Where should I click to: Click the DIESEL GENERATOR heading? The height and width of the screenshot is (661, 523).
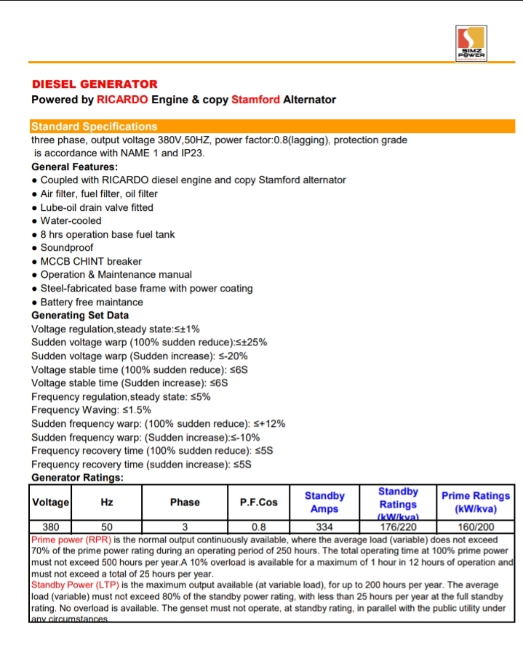95,84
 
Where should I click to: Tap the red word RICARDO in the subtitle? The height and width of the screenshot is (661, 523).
122,100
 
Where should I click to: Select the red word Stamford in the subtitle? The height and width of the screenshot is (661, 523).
255,100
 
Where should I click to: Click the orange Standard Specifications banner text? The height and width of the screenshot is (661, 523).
95,127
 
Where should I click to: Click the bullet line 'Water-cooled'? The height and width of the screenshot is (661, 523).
71,221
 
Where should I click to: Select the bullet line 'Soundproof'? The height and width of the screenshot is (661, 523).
67,248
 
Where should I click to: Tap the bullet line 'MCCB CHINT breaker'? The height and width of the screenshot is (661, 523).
91,262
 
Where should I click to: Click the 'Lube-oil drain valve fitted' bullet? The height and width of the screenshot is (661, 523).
97,207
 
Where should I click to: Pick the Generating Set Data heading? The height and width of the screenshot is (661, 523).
80,316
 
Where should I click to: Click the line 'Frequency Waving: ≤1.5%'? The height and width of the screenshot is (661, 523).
91,410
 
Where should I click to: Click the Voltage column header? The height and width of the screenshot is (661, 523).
51,502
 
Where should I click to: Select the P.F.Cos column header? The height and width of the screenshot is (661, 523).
258,502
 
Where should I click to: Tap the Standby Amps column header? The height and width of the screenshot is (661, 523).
324,502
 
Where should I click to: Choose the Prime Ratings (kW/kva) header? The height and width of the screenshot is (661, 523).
476,502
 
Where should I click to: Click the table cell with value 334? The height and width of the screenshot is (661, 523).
324,527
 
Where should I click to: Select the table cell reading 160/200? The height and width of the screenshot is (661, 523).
475,527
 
